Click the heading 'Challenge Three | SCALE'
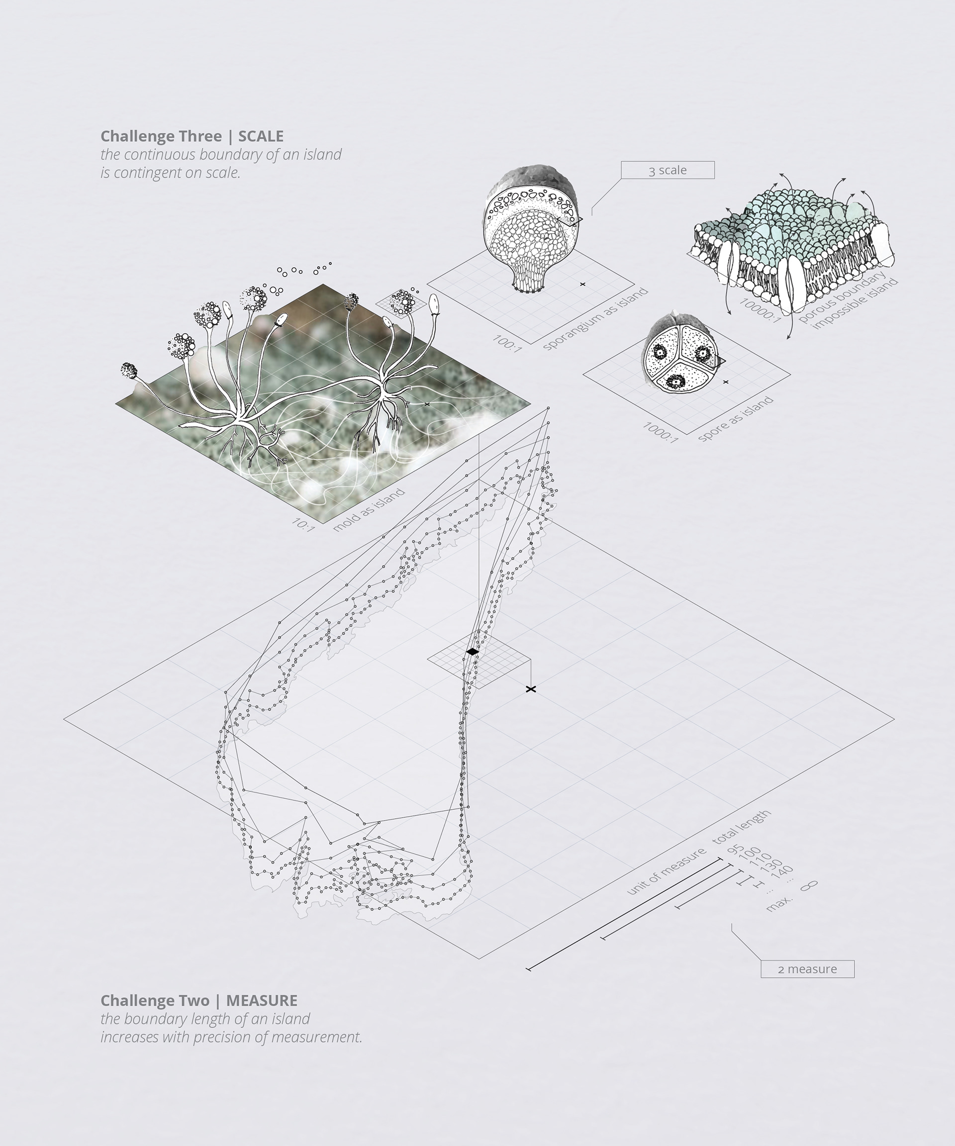191,136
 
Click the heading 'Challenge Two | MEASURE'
198,1000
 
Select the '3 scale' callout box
667,170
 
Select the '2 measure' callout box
807,968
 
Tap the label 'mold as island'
369,509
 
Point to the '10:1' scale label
303,524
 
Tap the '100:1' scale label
507,343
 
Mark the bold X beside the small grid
530,689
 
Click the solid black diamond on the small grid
473,652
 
